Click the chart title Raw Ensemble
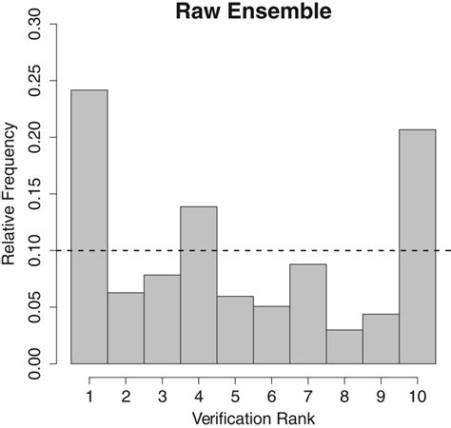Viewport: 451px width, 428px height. pyautogui.click(x=253, y=13)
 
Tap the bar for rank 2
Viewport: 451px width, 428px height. pyautogui.click(x=126, y=328)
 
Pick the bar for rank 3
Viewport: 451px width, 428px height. pyautogui.click(x=162, y=320)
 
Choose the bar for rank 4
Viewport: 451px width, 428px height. pyautogui.click(x=199, y=285)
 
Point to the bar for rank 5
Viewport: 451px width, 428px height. pyautogui.click(x=235, y=330)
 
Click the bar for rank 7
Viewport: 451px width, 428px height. pyautogui.click(x=308, y=314)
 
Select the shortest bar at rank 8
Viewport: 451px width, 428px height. pyautogui.click(x=344, y=346)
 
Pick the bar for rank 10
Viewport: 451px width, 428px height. pyautogui.click(x=418, y=246)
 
